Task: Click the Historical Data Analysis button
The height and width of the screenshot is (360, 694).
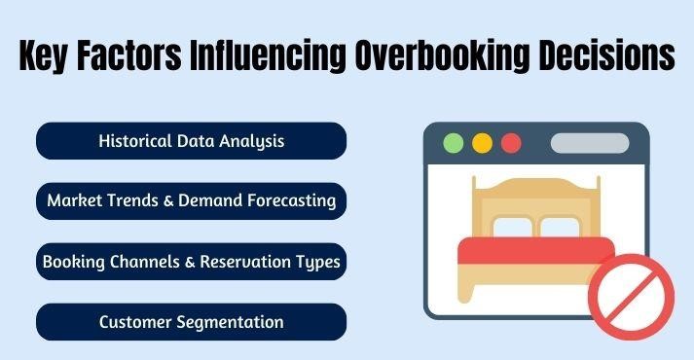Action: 192,141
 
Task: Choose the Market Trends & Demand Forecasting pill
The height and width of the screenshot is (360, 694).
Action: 192,201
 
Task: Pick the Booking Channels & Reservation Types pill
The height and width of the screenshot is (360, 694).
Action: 192,262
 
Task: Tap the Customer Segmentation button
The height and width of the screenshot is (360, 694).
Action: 192,322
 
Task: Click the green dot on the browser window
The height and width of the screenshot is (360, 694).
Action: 453,143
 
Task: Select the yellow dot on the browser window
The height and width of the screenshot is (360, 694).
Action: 482,143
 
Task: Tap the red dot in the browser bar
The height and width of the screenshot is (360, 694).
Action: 511,143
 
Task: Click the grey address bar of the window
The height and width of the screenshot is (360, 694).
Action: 589,143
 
